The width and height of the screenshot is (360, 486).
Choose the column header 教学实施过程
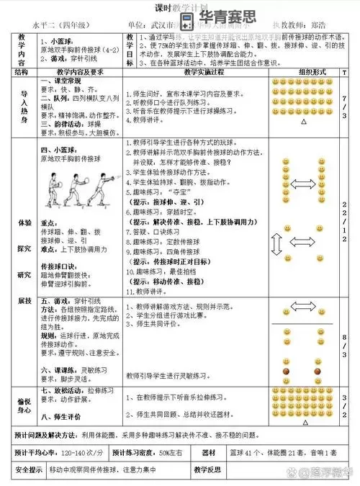pyautogui.click(x=194, y=73)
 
